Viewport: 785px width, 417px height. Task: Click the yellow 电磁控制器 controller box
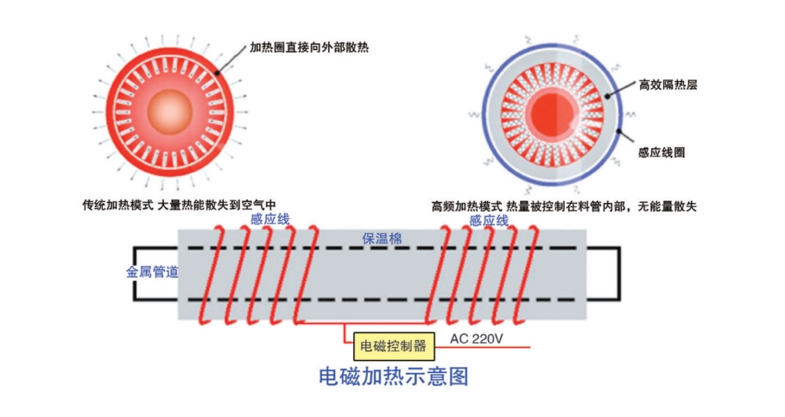[394, 346]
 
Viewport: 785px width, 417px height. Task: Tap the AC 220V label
[478, 338]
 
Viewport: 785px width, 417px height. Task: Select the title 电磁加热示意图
[393, 377]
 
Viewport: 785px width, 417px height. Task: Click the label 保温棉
[381, 238]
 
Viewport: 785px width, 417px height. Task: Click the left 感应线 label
[269, 219]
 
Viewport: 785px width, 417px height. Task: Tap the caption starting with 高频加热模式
[563, 206]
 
